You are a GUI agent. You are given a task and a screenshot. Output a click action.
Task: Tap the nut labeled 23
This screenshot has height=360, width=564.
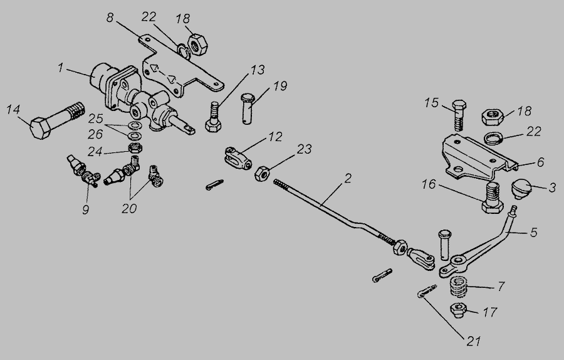pos(262,172)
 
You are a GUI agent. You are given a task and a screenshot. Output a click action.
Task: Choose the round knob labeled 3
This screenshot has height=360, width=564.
pos(521,188)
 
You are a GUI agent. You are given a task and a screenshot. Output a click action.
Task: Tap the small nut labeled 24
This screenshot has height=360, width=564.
pos(133,149)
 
